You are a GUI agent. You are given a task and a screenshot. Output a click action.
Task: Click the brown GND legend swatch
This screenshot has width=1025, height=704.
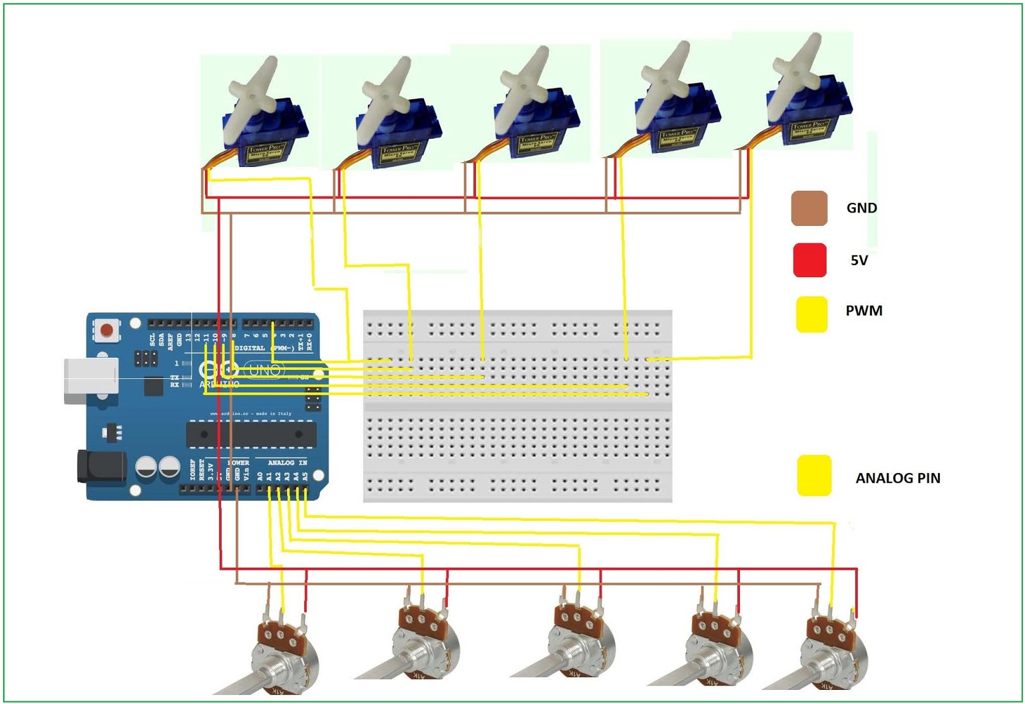(x=809, y=208)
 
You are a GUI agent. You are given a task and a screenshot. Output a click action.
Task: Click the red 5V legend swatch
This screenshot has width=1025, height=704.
(x=809, y=260)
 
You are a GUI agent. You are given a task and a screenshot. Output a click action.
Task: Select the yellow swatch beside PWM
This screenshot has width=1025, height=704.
(x=811, y=314)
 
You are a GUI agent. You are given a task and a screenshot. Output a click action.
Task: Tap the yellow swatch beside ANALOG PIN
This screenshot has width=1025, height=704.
(x=814, y=476)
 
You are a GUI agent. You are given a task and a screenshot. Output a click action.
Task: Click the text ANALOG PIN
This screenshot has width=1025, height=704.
(x=898, y=478)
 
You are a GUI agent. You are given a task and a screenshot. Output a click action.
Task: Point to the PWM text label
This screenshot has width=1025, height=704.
(x=864, y=311)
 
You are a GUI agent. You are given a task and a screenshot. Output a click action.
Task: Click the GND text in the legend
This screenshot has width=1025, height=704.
(x=861, y=208)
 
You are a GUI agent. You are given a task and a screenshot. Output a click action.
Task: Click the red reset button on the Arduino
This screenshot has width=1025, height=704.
(x=106, y=331)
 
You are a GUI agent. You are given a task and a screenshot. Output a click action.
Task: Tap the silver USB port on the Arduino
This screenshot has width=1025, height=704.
(x=90, y=381)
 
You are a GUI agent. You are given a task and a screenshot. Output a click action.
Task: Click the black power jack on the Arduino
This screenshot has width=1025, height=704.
(x=100, y=465)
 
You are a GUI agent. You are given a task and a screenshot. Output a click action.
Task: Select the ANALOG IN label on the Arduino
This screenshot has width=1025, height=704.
(x=287, y=462)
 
